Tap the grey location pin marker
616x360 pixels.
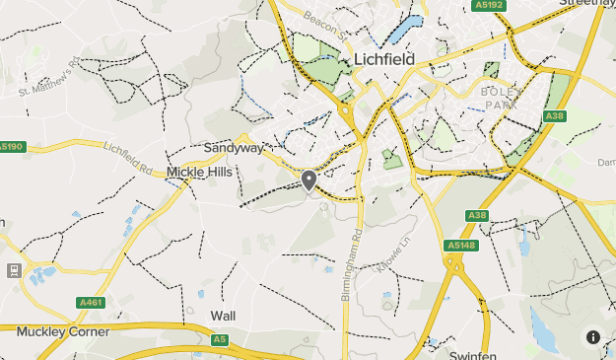309,180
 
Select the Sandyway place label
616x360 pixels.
234,148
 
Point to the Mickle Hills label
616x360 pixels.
199,172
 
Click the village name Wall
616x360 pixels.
223,316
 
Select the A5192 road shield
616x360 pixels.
488,5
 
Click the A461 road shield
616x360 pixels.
91,303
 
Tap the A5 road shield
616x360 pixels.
219,339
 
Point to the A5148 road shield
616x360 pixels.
460,245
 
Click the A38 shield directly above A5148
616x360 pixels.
477,215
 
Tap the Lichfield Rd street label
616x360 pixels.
128,159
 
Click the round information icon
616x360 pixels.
593,337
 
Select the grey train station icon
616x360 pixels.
14,269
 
